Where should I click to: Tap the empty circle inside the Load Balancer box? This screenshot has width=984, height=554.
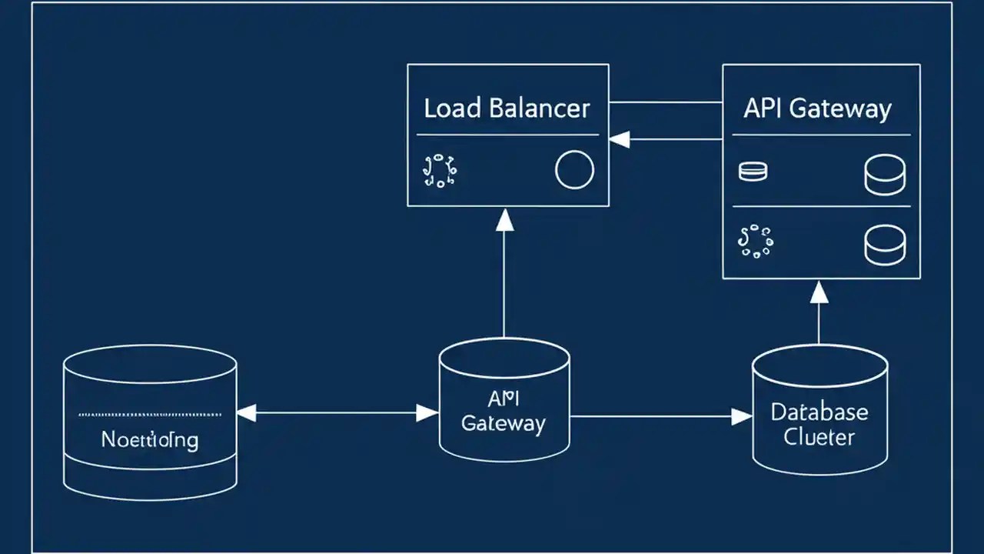(x=573, y=170)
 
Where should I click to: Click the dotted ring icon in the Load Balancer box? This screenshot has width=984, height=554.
(x=440, y=171)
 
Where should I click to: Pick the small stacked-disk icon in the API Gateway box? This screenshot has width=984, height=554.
(x=753, y=172)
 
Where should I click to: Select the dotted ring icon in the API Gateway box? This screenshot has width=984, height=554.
(x=755, y=241)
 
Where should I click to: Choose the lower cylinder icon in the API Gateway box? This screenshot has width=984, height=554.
(x=885, y=245)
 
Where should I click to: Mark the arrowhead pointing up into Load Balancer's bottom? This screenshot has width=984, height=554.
(x=504, y=220)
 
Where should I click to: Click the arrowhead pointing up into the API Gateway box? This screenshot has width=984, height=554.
(x=819, y=292)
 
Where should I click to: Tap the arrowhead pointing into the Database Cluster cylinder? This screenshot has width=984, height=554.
(x=741, y=417)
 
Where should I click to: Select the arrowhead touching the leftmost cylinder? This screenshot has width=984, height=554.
(x=246, y=414)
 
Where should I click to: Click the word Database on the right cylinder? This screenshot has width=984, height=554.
(x=819, y=412)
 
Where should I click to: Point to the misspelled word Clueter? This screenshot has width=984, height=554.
(x=819, y=437)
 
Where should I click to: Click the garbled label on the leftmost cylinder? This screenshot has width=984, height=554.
(x=150, y=440)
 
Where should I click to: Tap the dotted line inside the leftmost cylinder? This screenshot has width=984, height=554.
(x=150, y=415)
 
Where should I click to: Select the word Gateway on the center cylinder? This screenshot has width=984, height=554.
(x=504, y=422)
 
